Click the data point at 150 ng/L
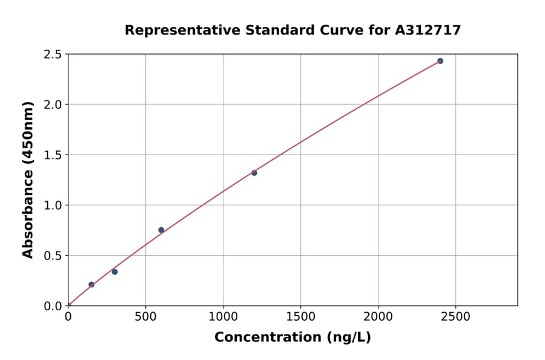coord(91,284)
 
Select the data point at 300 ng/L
coord(114,272)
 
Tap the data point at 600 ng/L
coord(161,230)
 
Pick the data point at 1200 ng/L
coord(254,173)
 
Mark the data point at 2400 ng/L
coord(440,61)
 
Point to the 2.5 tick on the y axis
coord(53,55)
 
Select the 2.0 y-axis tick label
coord(53,105)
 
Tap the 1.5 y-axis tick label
coord(53,155)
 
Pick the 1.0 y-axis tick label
coord(53,205)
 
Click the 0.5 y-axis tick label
coord(53,256)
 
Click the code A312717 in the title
coord(428,30)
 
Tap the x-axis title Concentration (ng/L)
coord(292,337)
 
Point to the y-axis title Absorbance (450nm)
coord(28,180)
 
